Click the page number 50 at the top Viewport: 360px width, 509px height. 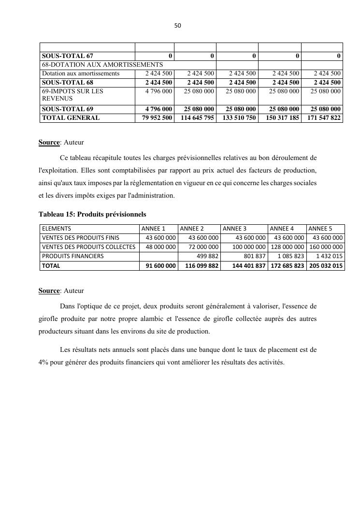pyautogui.click(x=177, y=26)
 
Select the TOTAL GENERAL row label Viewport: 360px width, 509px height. pyautogui.click(x=71, y=118)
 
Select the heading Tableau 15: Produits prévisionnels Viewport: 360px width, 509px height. pyautogui.click(x=92, y=214)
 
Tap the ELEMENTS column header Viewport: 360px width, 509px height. pyautogui.click(x=57, y=229)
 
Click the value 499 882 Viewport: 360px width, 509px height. pyautogui.click(x=208, y=256)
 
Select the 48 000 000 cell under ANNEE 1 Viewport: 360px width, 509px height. pyautogui.click(x=161, y=247)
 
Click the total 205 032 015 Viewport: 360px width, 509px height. pyautogui.click(x=325, y=266)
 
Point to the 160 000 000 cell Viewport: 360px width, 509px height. pyautogui.click(x=326, y=247)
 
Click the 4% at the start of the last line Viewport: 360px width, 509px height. pyautogui.click(x=43, y=363)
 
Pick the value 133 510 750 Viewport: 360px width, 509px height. pyautogui.click(x=239, y=118)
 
